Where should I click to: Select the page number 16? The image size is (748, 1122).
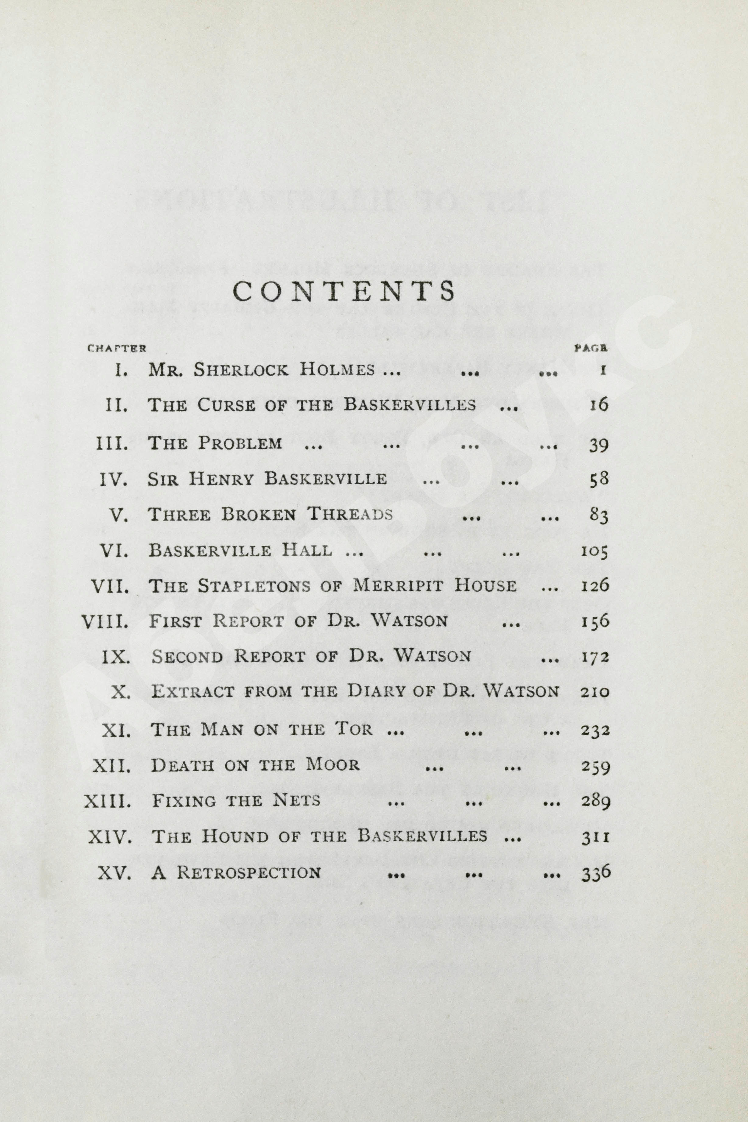click(x=599, y=405)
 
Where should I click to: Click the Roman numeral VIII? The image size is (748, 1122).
click(x=105, y=621)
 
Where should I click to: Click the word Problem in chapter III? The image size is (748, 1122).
click(x=240, y=443)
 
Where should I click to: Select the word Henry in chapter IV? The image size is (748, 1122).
click(x=221, y=479)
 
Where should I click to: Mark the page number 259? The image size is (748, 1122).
click(x=596, y=766)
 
